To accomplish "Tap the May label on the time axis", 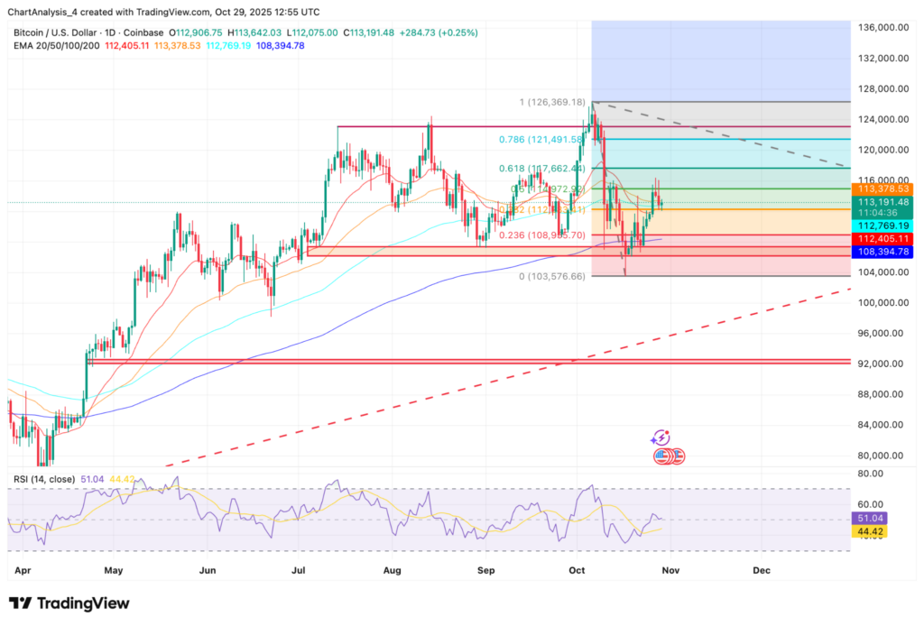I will click(x=113, y=570).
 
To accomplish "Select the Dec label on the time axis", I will click(x=762, y=570).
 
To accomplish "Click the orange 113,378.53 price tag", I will click(x=884, y=189).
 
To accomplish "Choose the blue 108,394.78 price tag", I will click(x=884, y=252).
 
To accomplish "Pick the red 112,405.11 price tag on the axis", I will click(x=884, y=239).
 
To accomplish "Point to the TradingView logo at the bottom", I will click(x=69, y=603).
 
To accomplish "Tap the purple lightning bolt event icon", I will click(x=660, y=437).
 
